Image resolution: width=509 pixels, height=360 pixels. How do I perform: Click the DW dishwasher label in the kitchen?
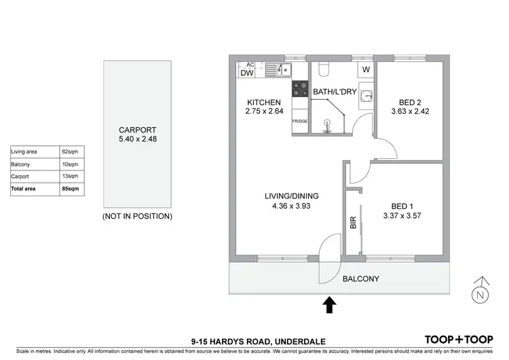coord(246,73)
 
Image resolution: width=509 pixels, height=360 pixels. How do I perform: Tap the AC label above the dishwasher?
coord(249,65)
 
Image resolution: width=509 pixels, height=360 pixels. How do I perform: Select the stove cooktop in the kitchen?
coord(300,88)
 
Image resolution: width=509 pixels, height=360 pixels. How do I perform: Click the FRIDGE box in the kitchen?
coord(300,121)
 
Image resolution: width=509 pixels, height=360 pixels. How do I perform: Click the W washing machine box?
coord(365,70)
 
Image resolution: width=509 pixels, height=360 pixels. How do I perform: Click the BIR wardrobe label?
coord(353,222)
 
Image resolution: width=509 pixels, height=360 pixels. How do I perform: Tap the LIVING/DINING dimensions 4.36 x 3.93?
coord(291,207)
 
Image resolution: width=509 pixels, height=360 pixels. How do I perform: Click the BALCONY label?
coord(360,279)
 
